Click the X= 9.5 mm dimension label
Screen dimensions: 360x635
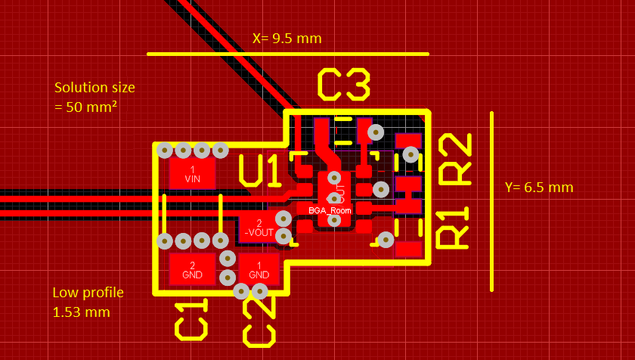pos(287,38)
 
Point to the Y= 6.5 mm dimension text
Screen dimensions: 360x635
pos(539,188)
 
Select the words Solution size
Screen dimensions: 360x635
pos(94,88)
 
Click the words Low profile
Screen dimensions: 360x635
pos(88,293)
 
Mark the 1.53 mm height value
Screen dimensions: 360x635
pos(81,312)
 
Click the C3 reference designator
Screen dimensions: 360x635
pos(344,85)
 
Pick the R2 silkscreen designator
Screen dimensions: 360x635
pos(455,158)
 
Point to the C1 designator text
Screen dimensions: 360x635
pos(190,319)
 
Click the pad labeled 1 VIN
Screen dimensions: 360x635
pos(192,174)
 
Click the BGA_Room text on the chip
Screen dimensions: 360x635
pos(330,210)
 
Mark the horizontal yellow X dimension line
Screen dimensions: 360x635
pos(287,54)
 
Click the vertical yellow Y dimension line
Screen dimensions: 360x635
pos(492,201)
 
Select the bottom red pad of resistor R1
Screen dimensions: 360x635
pos(408,248)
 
